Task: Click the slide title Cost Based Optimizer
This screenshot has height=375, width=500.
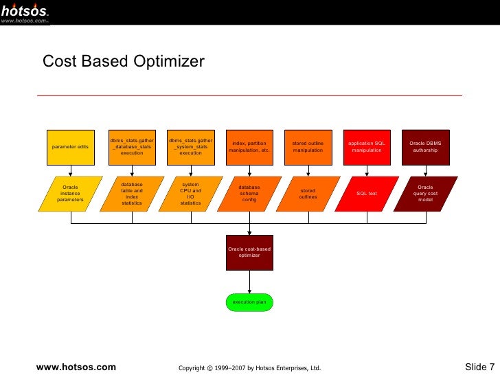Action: pyautogui.click(x=124, y=62)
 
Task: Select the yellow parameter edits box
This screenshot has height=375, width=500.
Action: pyautogui.click(x=70, y=147)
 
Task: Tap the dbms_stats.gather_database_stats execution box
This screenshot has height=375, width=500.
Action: pyautogui.click(x=132, y=147)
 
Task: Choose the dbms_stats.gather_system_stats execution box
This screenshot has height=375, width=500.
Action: pyautogui.click(x=190, y=147)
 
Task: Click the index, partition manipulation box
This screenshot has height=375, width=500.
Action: pyautogui.click(x=249, y=147)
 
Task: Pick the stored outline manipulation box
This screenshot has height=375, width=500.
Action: pyautogui.click(x=308, y=147)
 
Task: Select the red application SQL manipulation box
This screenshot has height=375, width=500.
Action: pyautogui.click(x=367, y=147)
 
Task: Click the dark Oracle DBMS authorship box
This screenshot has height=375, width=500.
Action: pyautogui.click(x=425, y=147)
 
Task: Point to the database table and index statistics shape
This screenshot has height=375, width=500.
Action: pyautogui.click(x=132, y=194)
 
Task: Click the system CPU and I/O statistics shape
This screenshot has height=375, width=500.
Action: pyautogui.click(x=190, y=194)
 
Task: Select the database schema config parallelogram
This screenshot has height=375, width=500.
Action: pyautogui.click(x=249, y=194)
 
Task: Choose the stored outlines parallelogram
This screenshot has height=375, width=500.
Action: pyautogui.click(x=308, y=194)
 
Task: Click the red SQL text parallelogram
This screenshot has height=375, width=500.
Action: pyautogui.click(x=367, y=194)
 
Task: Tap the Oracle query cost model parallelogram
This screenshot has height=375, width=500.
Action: pyautogui.click(x=425, y=194)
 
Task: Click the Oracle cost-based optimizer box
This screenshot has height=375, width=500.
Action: pyautogui.click(x=249, y=252)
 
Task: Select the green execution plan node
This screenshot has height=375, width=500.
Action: pyautogui.click(x=249, y=302)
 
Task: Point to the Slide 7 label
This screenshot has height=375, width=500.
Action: pyautogui.click(x=479, y=367)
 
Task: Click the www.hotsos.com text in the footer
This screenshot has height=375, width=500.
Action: pyautogui.click(x=76, y=367)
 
